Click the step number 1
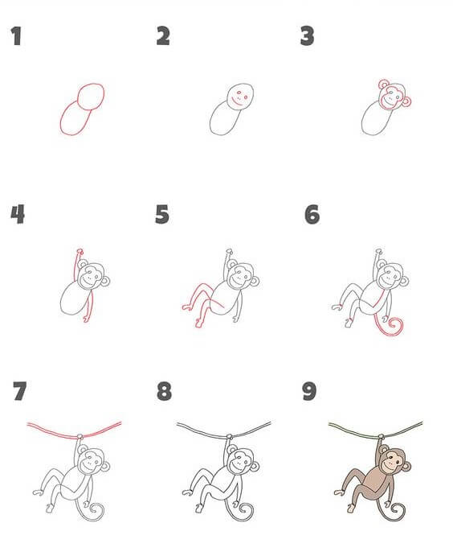(x=16, y=36)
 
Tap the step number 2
(x=163, y=36)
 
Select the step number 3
(x=307, y=36)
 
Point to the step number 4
(x=18, y=214)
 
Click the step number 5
(x=162, y=214)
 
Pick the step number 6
(x=312, y=214)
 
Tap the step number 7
(x=20, y=391)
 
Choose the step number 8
(x=164, y=391)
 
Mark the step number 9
(x=309, y=391)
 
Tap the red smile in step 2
(x=237, y=103)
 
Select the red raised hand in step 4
(x=80, y=251)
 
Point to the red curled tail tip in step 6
(x=394, y=324)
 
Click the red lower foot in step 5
(x=199, y=323)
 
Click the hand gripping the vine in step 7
(x=80, y=437)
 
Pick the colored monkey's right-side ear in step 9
(x=406, y=467)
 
